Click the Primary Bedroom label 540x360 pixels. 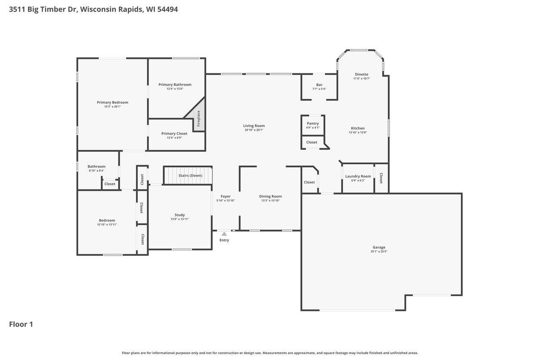112,102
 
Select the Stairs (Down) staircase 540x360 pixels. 188,175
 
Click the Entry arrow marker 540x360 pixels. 224,234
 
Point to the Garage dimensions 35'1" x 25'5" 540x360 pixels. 378,252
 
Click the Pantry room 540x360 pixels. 313,125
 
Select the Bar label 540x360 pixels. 319,85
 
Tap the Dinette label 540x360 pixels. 361,74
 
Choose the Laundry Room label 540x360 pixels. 358,176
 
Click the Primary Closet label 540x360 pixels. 174,133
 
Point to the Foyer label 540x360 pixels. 225,196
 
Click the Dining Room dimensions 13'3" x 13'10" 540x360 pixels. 270,201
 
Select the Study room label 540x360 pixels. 180,215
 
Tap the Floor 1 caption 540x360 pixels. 21,324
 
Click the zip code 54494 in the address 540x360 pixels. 167,9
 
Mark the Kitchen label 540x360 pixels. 358,128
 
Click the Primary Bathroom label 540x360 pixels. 175,84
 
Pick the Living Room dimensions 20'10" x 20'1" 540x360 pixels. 254,130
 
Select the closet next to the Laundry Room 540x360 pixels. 381,178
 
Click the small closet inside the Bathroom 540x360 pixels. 110,184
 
